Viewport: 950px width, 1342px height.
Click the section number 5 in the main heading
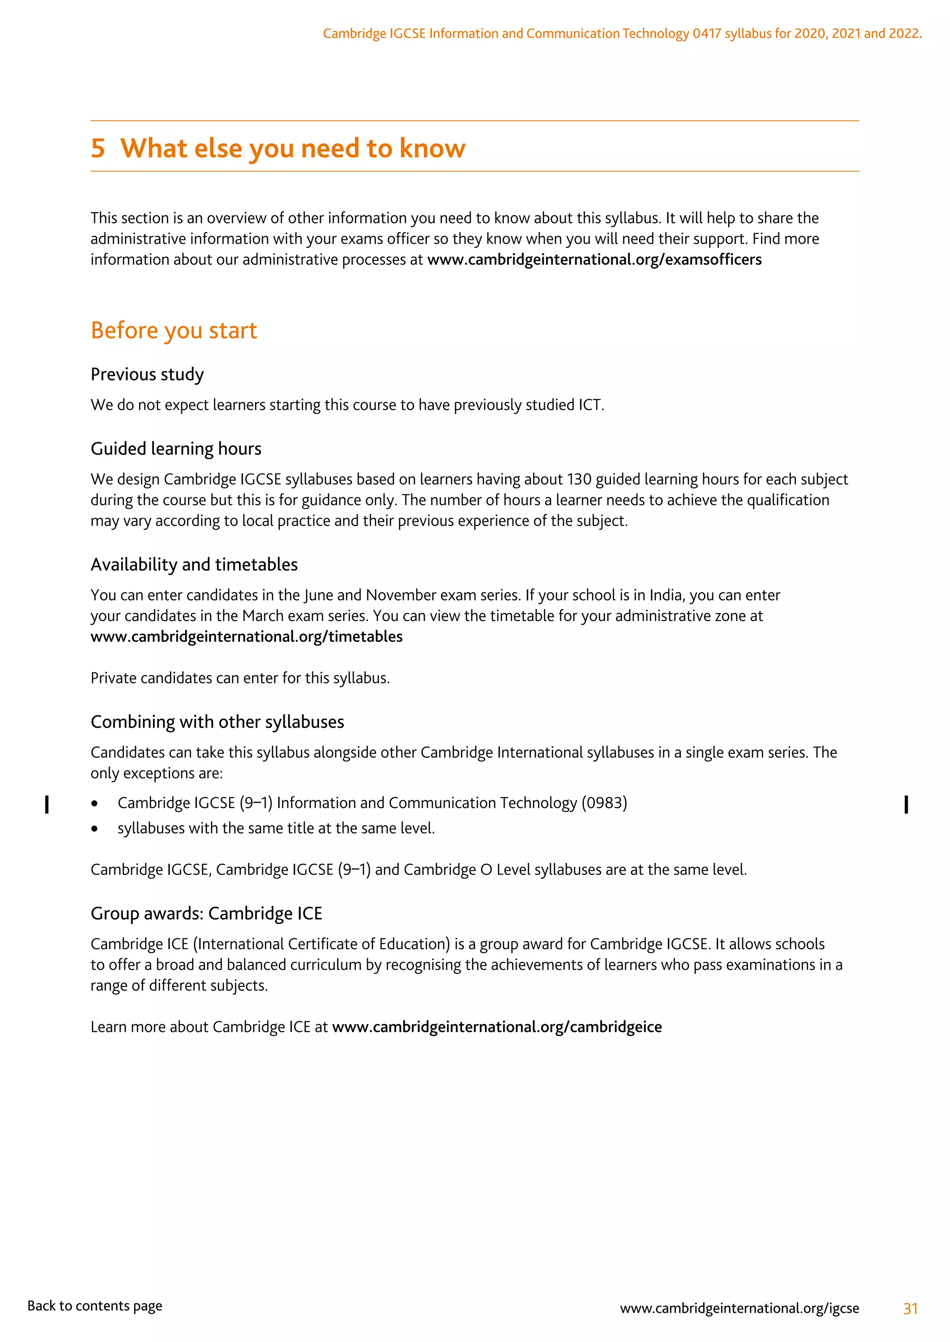pyautogui.click(x=98, y=148)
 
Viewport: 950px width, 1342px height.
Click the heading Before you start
pyautogui.click(x=174, y=331)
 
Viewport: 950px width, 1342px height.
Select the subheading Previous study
pyautogui.click(x=147, y=375)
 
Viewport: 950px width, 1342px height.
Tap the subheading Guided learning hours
pyautogui.click(x=175, y=449)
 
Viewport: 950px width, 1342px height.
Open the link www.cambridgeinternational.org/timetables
pyautogui.click(x=246, y=637)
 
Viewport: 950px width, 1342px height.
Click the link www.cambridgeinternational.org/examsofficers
pyautogui.click(x=594, y=260)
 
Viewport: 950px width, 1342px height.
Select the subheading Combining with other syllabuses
pyautogui.click(x=217, y=722)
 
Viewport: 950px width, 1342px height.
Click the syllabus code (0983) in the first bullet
pyautogui.click(x=604, y=803)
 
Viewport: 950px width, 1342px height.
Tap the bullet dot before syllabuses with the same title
pyautogui.click(x=94, y=829)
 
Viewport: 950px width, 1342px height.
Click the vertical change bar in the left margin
pyautogui.click(x=47, y=805)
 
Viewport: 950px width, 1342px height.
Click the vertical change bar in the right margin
pyautogui.click(x=906, y=805)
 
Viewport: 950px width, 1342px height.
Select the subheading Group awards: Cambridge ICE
pyautogui.click(x=206, y=913)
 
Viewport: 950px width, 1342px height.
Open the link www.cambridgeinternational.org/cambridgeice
pyautogui.click(x=497, y=1027)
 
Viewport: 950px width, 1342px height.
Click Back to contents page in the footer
pyautogui.click(x=95, y=1306)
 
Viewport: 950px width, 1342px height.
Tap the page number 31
pyautogui.click(x=910, y=1309)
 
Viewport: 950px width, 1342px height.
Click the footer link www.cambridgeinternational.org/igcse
pyautogui.click(x=739, y=1309)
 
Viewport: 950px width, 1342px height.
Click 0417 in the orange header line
pyautogui.click(x=706, y=34)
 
